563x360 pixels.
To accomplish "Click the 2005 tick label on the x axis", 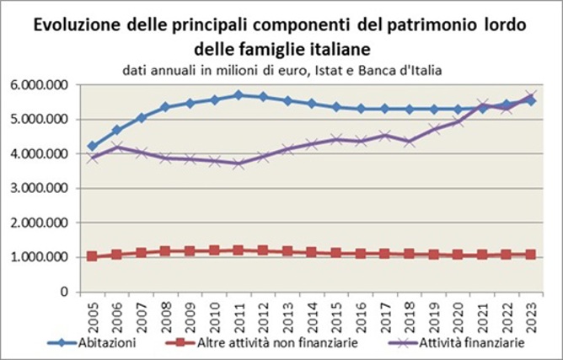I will tap(92, 314).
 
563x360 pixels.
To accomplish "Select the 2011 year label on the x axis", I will tap(239, 314).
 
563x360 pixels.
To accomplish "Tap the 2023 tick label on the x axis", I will tap(531, 314).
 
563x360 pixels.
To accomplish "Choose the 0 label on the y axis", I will tap(64, 292).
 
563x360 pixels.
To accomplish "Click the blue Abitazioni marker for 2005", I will tap(92, 147).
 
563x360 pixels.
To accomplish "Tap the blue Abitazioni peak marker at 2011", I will tap(239, 95).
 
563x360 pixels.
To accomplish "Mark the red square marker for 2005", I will tap(92, 256).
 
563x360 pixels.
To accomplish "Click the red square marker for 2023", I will tap(531, 254).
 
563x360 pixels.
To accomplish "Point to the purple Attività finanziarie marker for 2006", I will tap(116, 148).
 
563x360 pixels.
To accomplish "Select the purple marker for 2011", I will tap(239, 164).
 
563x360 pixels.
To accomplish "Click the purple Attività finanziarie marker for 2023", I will tap(531, 96).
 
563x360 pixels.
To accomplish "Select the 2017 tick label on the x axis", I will tap(384, 314).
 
